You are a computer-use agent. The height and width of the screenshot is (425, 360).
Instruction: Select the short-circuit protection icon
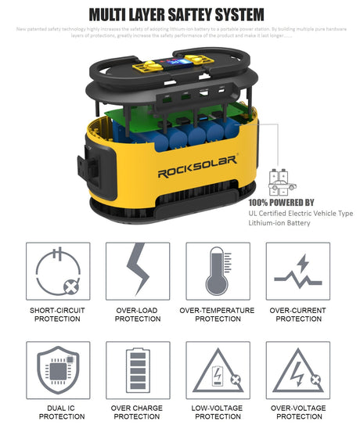(58, 272)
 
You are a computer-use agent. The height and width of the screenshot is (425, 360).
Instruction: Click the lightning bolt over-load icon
(138, 272)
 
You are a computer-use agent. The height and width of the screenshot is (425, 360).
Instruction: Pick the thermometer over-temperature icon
(217, 272)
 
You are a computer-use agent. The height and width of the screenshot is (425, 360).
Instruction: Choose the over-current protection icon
(298, 272)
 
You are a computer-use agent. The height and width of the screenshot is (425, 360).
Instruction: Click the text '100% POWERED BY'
(281, 201)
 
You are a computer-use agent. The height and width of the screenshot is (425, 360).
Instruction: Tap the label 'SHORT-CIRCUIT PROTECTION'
(58, 315)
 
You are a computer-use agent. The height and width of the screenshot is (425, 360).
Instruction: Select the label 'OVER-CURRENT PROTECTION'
(298, 315)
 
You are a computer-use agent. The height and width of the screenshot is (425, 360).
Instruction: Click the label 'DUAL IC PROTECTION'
(58, 412)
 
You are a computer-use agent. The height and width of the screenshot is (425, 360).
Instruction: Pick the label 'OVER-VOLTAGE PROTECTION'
(298, 412)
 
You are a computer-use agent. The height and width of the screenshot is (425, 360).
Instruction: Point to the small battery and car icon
(281, 182)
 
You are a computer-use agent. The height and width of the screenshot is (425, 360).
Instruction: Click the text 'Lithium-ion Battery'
(279, 223)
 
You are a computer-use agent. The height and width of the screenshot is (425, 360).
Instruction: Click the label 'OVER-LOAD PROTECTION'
(138, 315)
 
